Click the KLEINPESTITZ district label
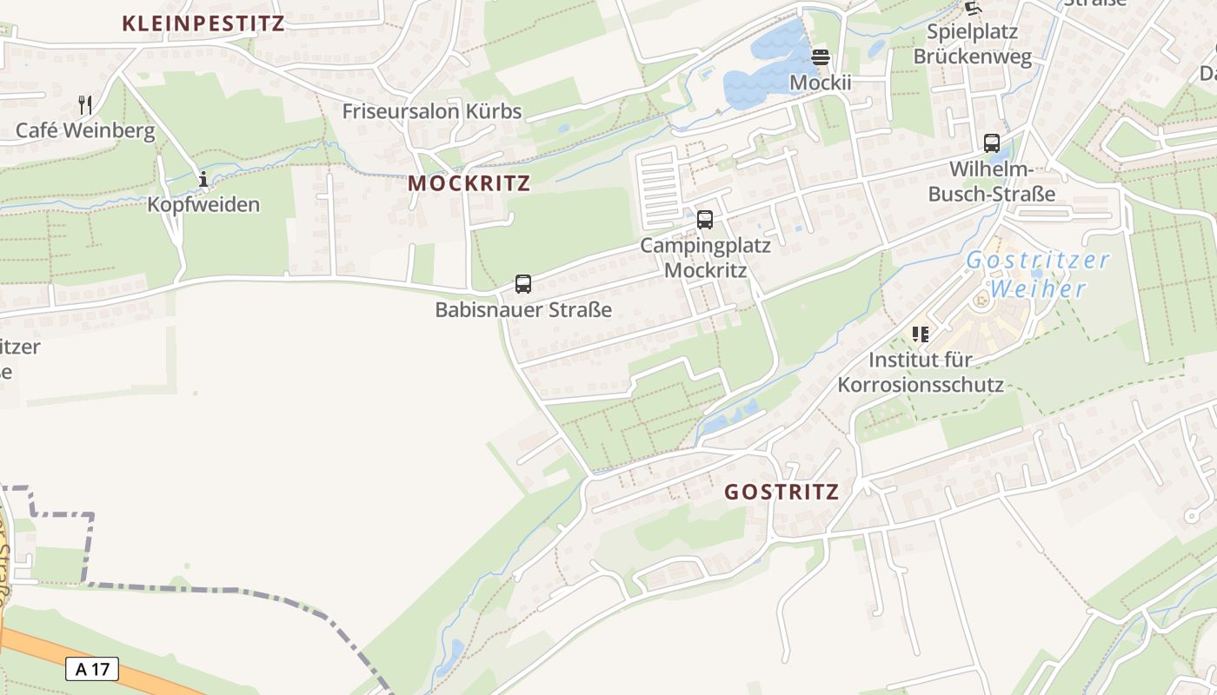(203, 23)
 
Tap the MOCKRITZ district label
(469, 183)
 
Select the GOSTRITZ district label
(782, 492)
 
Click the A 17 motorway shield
(91, 669)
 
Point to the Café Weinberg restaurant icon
(85, 105)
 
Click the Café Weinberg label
(85, 131)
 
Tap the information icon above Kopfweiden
(203, 180)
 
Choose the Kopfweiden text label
(203, 205)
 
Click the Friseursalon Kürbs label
(432, 111)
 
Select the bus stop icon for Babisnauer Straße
(523, 283)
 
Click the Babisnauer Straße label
(523, 309)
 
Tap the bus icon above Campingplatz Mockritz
(705, 220)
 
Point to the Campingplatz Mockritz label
(705, 257)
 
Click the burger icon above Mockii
(821, 57)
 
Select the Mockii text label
(821, 83)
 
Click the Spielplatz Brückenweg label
(972, 44)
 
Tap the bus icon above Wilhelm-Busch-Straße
(992, 143)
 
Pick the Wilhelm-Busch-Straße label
(992, 181)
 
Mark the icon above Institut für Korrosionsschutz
(921, 334)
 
